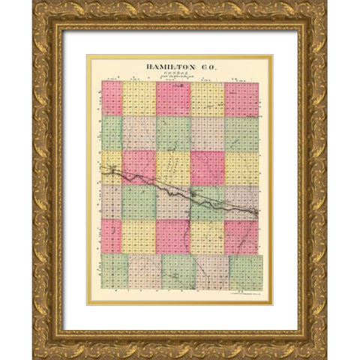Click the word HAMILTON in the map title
point(167,67)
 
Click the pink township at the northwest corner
point(112,98)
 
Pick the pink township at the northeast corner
point(241,98)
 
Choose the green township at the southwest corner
point(115,271)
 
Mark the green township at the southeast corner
point(245,271)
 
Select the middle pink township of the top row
point(173,98)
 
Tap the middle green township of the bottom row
point(178,271)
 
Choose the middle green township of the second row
point(173,133)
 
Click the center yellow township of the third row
point(173,167)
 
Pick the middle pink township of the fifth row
point(173,236)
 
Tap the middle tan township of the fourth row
point(173,202)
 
